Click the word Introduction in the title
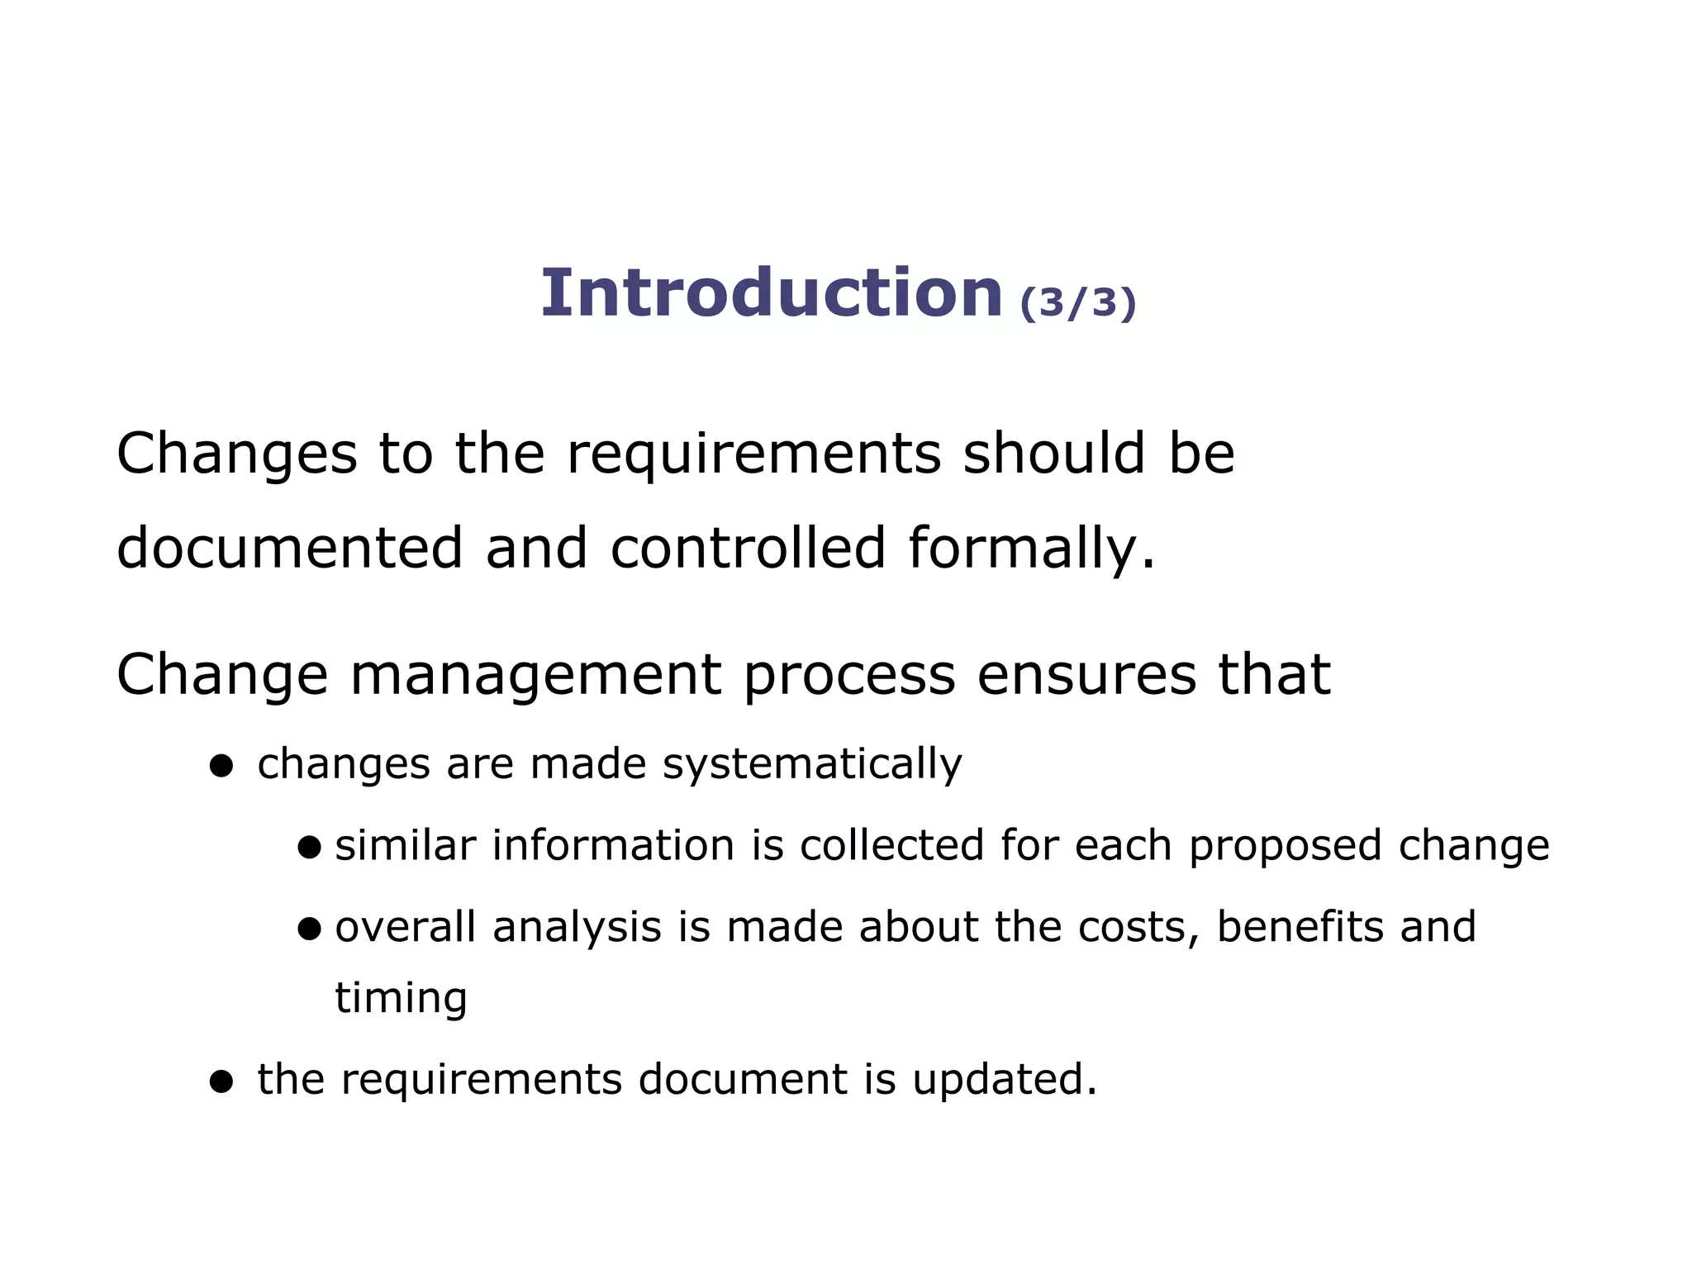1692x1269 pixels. [x=771, y=293]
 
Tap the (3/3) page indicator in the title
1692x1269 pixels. [x=1078, y=302]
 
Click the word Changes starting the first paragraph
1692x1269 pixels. [x=237, y=454]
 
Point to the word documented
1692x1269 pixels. [x=289, y=548]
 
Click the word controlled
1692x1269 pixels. [x=748, y=548]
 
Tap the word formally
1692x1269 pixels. [x=1030, y=549]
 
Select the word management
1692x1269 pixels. [x=535, y=676]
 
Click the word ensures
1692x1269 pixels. [x=1086, y=675]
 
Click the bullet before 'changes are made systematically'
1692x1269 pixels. [x=221, y=766]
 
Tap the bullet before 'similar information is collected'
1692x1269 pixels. [x=309, y=847]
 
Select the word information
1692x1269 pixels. [x=613, y=846]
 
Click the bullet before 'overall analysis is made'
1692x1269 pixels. [x=309, y=929]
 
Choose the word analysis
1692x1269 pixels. [x=577, y=928]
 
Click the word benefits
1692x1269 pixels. [x=1298, y=927]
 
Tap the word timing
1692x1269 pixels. [x=401, y=998]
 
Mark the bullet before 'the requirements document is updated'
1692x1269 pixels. [x=221, y=1081]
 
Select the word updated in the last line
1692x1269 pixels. [x=1004, y=1080]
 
